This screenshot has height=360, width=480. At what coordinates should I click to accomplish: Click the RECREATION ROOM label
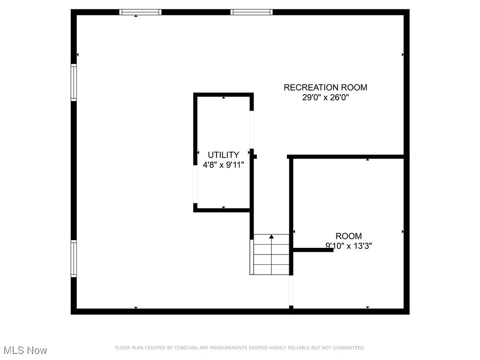325,87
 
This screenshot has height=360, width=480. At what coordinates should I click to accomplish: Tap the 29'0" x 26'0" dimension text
325,98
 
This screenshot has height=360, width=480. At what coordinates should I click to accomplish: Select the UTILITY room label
224,155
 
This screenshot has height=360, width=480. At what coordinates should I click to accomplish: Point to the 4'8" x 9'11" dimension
224,165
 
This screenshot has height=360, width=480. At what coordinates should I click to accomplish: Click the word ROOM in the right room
348,236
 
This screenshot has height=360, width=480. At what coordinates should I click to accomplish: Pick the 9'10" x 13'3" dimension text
348,246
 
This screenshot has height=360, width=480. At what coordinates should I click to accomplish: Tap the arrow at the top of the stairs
271,237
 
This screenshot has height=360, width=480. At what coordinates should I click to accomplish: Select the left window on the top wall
141,12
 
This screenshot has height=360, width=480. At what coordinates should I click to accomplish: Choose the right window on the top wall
252,12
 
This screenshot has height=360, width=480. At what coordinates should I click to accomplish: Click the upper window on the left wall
74,82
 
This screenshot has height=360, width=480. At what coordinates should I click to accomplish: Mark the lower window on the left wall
74,259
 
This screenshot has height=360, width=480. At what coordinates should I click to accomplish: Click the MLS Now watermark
25,350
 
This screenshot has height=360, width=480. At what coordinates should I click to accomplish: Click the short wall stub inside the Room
313,250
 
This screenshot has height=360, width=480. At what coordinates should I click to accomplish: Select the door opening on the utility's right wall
252,130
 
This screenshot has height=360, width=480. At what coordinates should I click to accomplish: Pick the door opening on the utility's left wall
195,184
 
